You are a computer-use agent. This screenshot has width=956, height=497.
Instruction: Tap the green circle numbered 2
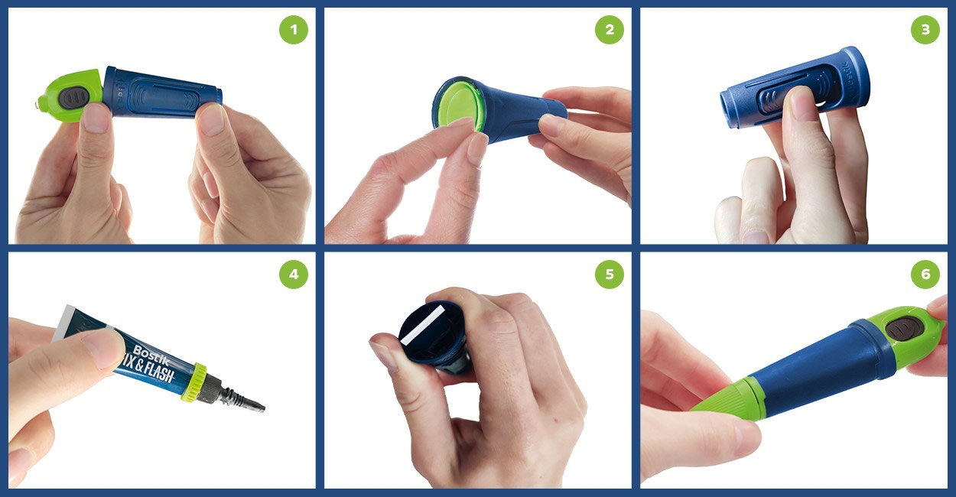pyautogui.click(x=610, y=30)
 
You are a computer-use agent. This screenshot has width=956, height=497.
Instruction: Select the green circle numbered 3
pyautogui.click(x=925, y=30)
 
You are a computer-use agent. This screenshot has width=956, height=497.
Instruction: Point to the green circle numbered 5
pyautogui.click(x=610, y=274)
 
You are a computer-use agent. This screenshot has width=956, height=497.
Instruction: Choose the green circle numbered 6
pyautogui.click(x=925, y=274)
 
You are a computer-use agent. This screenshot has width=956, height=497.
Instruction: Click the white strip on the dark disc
pyautogui.click(x=428, y=323)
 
